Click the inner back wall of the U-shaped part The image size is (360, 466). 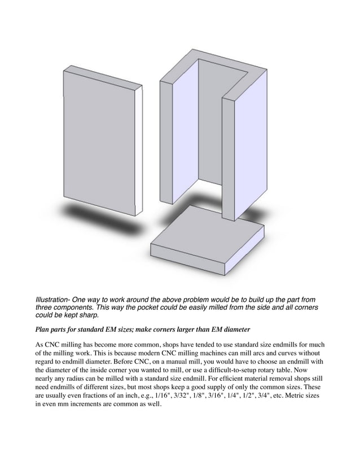(212, 124)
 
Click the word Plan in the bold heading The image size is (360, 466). (43, 329)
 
